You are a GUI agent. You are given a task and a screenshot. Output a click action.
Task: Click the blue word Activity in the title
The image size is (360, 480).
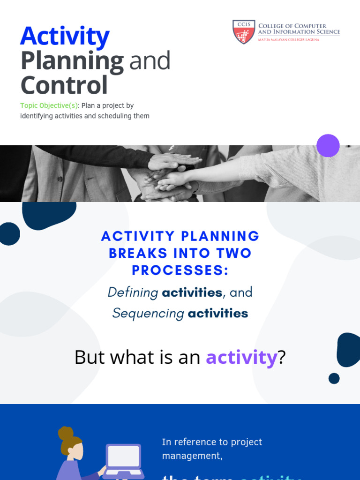[x=65, y=37]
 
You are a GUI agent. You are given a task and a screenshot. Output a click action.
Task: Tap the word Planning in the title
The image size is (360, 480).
[x=72, y=61]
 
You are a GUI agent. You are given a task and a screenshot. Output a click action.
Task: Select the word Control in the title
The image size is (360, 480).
[x=64, y=85]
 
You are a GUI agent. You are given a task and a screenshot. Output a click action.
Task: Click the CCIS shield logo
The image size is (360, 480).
[x=244, y=32]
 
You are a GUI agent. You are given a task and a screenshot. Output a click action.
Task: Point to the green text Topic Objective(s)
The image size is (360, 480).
[x=48, y=105]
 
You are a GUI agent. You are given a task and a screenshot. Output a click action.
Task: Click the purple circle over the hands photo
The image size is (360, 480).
[x=328, y=145]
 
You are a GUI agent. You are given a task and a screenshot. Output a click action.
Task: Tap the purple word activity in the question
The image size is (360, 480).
[x=241, y=358]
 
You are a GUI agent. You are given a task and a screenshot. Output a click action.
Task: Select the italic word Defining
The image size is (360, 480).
[x=133, y=292]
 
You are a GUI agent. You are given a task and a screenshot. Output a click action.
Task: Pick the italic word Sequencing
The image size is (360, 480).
[x=148, y=313]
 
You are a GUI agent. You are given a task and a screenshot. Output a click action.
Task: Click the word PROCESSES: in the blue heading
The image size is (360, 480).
[x=180, y=270]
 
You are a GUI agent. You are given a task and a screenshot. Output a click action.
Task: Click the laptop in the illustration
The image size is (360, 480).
[x=123, y=460]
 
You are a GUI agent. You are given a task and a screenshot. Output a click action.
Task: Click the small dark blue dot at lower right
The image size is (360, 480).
[x=334, y=378]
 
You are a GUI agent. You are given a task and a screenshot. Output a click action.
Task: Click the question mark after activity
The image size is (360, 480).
[x=282, y=358]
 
